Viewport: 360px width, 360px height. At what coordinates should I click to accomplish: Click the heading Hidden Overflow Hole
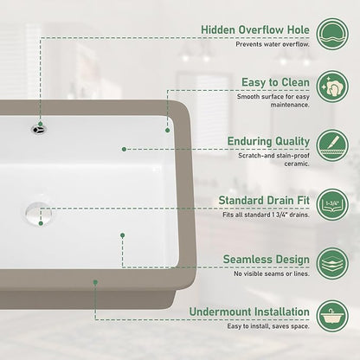coord(255,29)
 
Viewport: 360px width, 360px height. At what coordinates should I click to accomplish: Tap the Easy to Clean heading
coord(275,82)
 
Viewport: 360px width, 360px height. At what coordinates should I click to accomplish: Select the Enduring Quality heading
coord(268,141)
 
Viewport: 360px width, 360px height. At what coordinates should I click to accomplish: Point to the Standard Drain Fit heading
coord(264,200)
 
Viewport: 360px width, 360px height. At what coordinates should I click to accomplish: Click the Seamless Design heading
coord(267,260)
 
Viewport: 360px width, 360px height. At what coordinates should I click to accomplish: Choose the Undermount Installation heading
coord(249,312)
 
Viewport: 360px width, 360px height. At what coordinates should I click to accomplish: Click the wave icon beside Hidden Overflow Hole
coord(332,34)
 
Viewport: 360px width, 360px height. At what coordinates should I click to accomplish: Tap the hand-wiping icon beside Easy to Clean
coord(332,87)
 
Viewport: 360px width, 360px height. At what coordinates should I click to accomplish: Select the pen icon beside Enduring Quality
coord(332,145)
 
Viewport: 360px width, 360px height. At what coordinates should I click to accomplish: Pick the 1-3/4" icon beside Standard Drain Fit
coord(332,204)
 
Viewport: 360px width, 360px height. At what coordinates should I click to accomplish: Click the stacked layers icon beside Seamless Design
coord(332,263)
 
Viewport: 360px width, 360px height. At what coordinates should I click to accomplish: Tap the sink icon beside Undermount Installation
coord(332,316)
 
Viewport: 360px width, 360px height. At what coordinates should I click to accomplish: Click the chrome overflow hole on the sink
coord(39,130)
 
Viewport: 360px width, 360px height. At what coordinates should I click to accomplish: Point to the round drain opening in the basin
coord(38,214)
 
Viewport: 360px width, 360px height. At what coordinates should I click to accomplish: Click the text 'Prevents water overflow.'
coord(273,44)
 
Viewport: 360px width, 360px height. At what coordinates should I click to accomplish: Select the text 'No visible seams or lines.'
coord(272,273)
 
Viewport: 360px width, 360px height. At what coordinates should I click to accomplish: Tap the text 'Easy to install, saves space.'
coord(268,326)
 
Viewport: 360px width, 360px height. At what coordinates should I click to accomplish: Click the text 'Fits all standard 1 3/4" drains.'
coord(266,215)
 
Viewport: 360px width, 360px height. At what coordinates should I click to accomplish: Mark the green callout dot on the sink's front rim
coord(95,282)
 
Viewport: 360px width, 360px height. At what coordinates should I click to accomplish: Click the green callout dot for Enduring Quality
coord(124,149)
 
